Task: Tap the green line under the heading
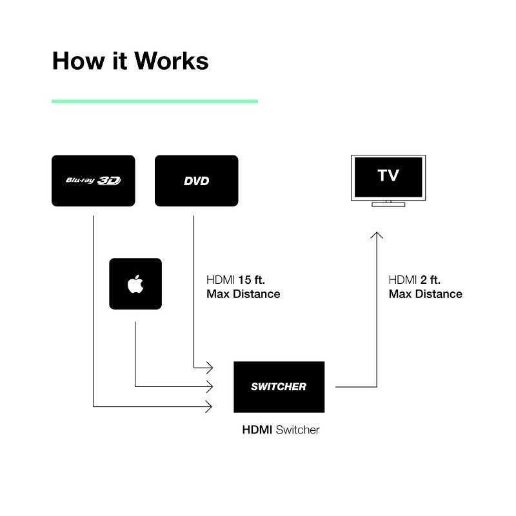(155, 101)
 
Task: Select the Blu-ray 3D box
(94, 181)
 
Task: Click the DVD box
(197, 181)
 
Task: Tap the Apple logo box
(135, 284)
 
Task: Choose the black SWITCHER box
(279, 387)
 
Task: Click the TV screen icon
(388, 176)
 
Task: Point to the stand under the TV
(388, 204)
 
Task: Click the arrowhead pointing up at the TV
(377, 234)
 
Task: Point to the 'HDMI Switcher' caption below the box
(280, 429)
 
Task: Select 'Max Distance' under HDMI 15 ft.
(243, 294)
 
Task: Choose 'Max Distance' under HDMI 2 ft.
(425, 294)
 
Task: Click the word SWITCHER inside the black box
(279, 387)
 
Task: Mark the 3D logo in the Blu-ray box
(109, 181)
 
